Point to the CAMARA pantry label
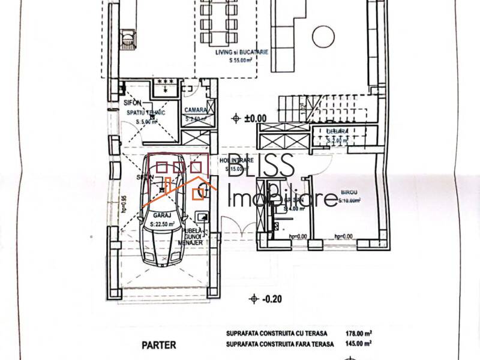(196, 110)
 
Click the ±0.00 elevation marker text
(256, 118)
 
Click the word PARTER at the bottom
(158, 345)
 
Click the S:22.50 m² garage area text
(160, 224)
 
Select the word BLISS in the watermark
(263, 166)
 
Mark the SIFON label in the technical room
(132, 103)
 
